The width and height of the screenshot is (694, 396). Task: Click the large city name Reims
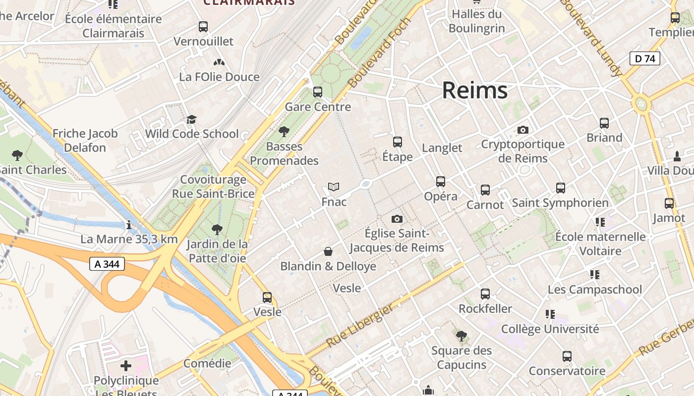[474, 90]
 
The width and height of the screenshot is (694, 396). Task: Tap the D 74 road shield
[645, 58]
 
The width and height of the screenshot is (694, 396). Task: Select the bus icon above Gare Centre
[318, 92]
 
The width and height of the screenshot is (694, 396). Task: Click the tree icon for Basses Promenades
[284, 132]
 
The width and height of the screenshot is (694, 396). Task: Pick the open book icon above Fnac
[334, 187]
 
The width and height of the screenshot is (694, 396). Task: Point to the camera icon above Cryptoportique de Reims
[522, 130]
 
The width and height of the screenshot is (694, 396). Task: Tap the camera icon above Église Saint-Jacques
[397, 219]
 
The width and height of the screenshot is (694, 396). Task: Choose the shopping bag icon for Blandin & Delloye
[328, 251]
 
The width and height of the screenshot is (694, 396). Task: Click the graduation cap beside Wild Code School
[191, 119]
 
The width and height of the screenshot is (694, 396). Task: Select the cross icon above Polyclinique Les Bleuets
[126, 366]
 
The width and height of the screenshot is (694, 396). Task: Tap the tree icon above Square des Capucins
[462, 336]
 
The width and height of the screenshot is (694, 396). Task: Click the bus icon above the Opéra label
[441, 182]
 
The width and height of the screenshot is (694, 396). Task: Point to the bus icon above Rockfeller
[485, 294]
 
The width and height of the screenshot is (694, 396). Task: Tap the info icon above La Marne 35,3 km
[129, 225]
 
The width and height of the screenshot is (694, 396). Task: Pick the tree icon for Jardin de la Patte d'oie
[217, 230]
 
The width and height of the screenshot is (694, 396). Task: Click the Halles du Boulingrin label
[476, 21]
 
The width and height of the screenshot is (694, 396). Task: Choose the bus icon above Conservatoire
[567, 356]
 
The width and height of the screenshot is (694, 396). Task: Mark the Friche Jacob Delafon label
[85, 141]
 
